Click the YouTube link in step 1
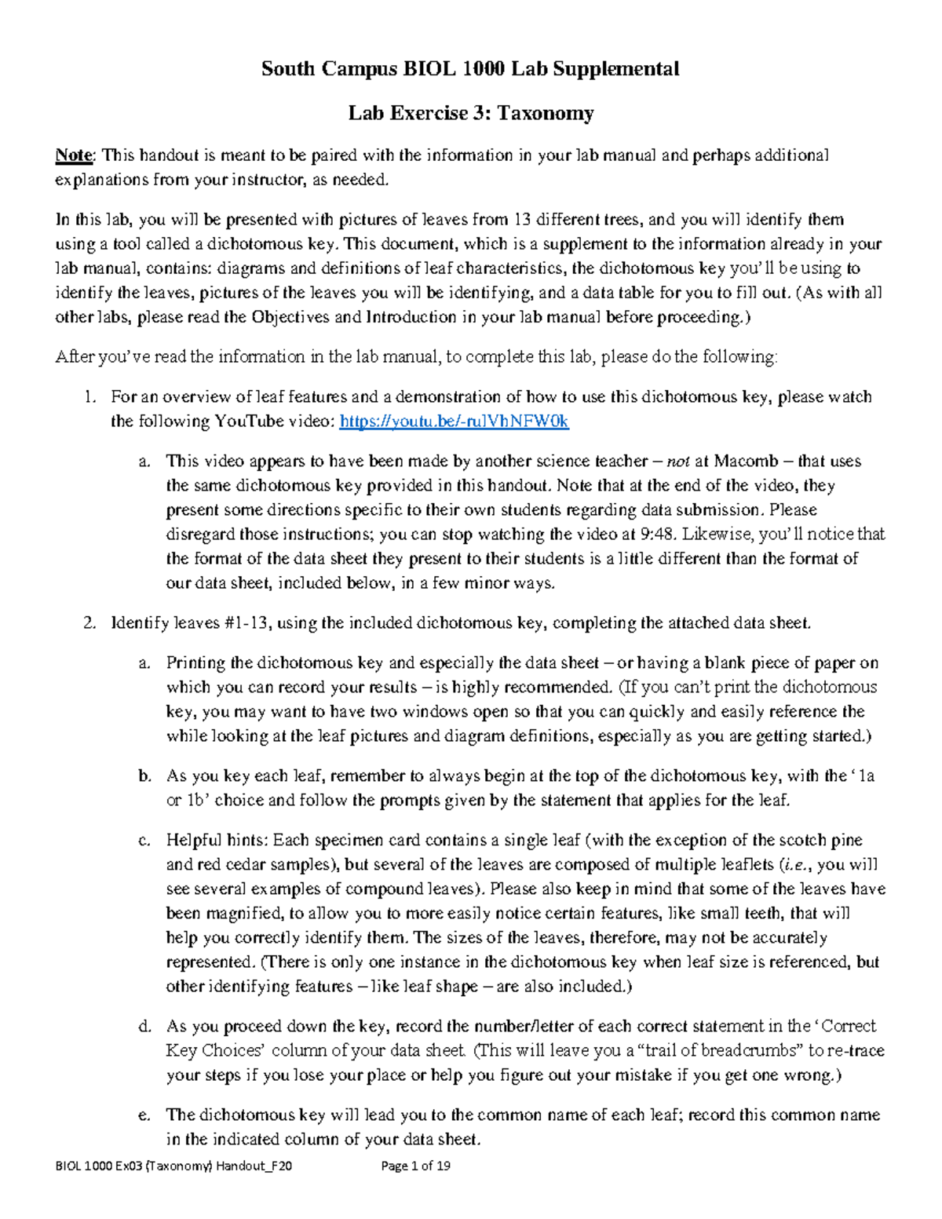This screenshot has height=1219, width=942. tap(454, 422)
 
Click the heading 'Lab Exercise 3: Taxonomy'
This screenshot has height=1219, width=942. tap(471, 113)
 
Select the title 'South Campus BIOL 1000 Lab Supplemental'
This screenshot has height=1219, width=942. tap(470, 69)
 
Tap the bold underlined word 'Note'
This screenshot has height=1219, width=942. tap(74, 155)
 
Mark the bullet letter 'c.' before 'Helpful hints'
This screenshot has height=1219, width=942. tap(144, 841)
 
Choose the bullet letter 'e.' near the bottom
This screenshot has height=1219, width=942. tap(144, 1115)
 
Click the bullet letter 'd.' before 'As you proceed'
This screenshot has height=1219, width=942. tap(144, 1027)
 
